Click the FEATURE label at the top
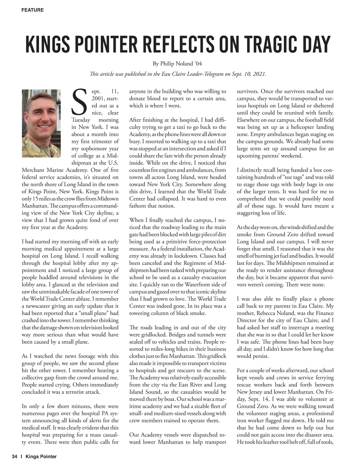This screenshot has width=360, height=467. [x=32, y=10]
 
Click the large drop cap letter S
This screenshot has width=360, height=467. [x=80, y=102]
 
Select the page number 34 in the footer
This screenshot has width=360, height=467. [x=15, y=457]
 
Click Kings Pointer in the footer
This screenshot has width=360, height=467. [x=41, y=457]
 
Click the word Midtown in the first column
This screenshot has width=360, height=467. [x=107, y=199]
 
